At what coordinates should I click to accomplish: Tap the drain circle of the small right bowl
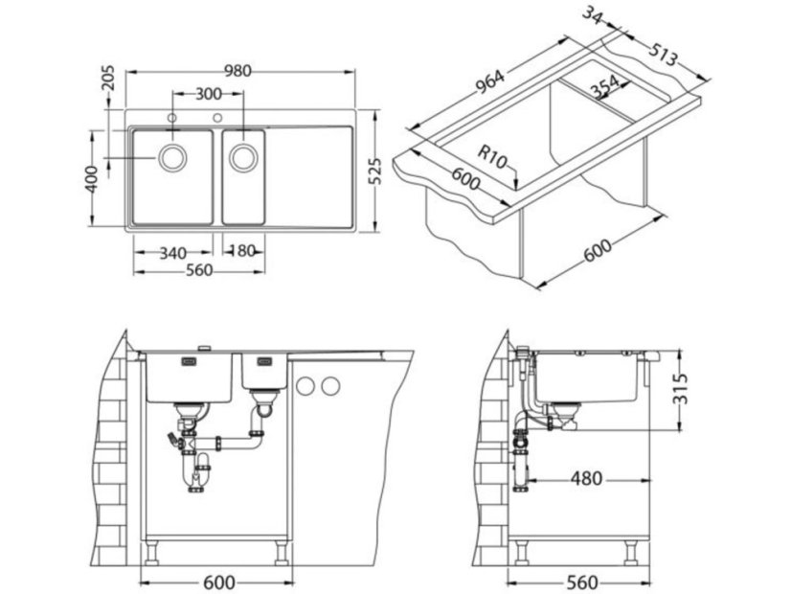tap(241, 157)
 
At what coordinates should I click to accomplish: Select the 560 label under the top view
tap(198, 271)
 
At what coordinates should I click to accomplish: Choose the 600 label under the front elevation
tap(220, 582)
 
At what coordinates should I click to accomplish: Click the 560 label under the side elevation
tap(581, 582)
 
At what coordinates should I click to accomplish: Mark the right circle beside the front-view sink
tap(330, 386)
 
